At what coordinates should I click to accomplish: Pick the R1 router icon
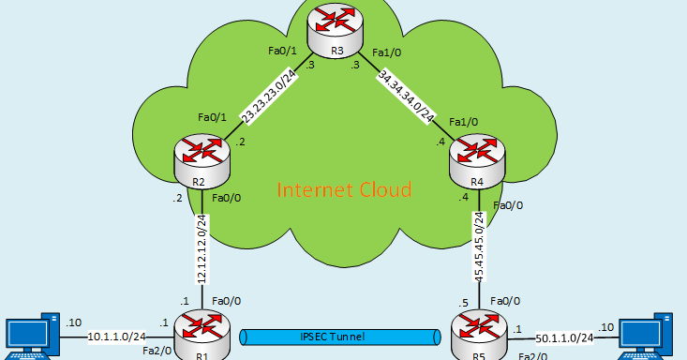coord(202,336)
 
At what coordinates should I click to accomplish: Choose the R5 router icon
coord(478,336)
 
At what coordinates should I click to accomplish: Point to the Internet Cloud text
coord(344,191)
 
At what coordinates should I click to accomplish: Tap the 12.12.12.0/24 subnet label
coord(201,247)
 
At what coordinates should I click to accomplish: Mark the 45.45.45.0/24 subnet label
coord(478,247)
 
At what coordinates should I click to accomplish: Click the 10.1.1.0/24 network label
coord(117,336)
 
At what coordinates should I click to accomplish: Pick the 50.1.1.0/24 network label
coord(563,336)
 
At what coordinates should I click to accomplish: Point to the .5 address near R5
coord(463,302)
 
